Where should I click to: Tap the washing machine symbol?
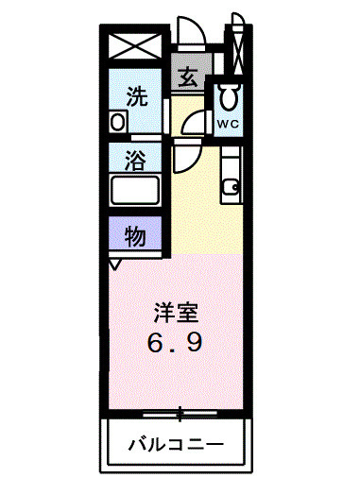click(117, 122)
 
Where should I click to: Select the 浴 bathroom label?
click(136, 160)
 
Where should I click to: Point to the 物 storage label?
click(135, 236)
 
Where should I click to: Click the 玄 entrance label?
click(188, 77)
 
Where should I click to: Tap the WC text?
click(229, 124)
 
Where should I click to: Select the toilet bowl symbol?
click(228, 97)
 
